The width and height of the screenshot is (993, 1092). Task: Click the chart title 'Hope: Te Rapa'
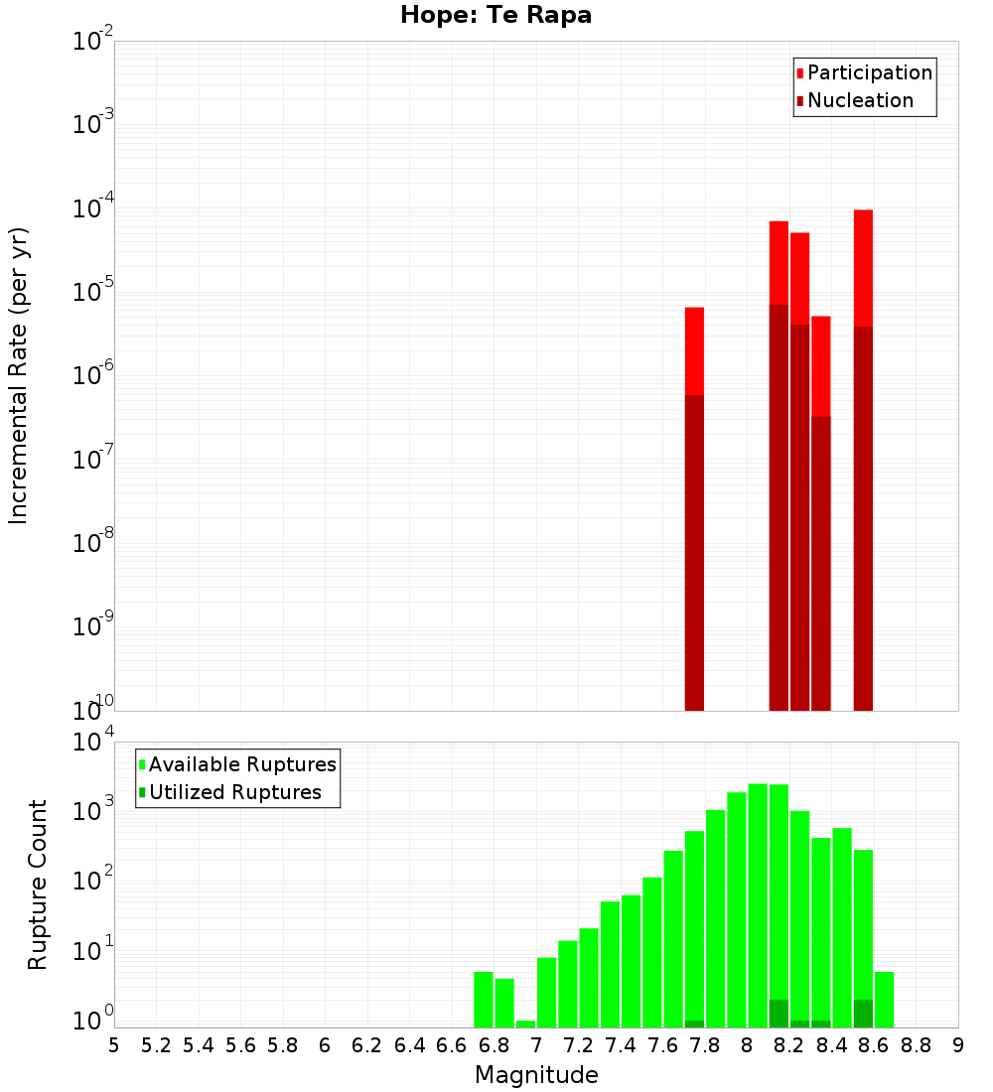(x=496, y=16)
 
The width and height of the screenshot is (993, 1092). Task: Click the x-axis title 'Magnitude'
(x=536, y=1075)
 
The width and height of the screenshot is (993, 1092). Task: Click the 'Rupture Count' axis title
(x=38, y=885)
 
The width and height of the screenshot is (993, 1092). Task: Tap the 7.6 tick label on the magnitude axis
(x=662, y=1045)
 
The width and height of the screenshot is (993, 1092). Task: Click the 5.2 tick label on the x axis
(x=156, y=1045)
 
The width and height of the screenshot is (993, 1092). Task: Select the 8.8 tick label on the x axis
(x=916, y=1045)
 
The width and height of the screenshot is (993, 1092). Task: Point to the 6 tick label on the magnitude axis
(x=325, y=1045)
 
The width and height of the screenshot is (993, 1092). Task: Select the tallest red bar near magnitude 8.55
(x=863, y=268)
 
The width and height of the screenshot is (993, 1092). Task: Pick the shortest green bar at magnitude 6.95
(x=525, y=1024)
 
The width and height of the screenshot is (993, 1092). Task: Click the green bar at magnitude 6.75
(x=484, y=1000)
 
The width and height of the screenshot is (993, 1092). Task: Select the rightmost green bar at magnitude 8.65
(x=884, y=1000)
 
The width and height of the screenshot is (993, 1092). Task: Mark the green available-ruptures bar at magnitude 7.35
(x=610, y=964)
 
